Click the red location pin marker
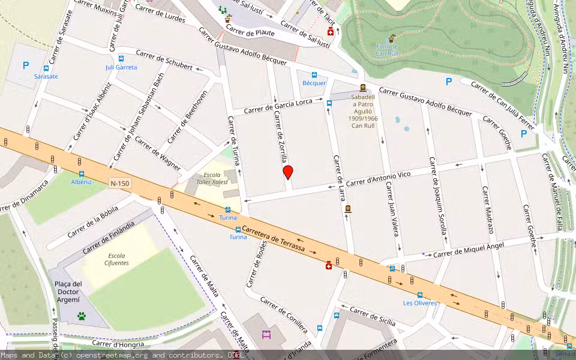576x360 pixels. (x=288, y=172)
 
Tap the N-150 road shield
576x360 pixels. (x=120, y=183)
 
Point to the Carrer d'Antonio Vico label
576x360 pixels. (x=379, y=178)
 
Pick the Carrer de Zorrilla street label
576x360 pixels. (x=280, y=137)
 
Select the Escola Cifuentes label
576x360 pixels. (x=116, y=259)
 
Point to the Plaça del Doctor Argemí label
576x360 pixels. (x=68, y=292)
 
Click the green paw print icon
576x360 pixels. (x=81, y=316)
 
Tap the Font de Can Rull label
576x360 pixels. (x=391, y=50)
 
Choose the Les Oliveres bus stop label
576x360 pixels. (x=420, y=303)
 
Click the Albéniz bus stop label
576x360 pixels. (x=81, y=182)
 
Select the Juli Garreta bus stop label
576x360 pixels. (x=121, y=67)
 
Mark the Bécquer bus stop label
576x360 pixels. (x=314, y=83)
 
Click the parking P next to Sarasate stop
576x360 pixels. (x=25, y=66)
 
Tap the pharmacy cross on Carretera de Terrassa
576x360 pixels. (x=329, y=265)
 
